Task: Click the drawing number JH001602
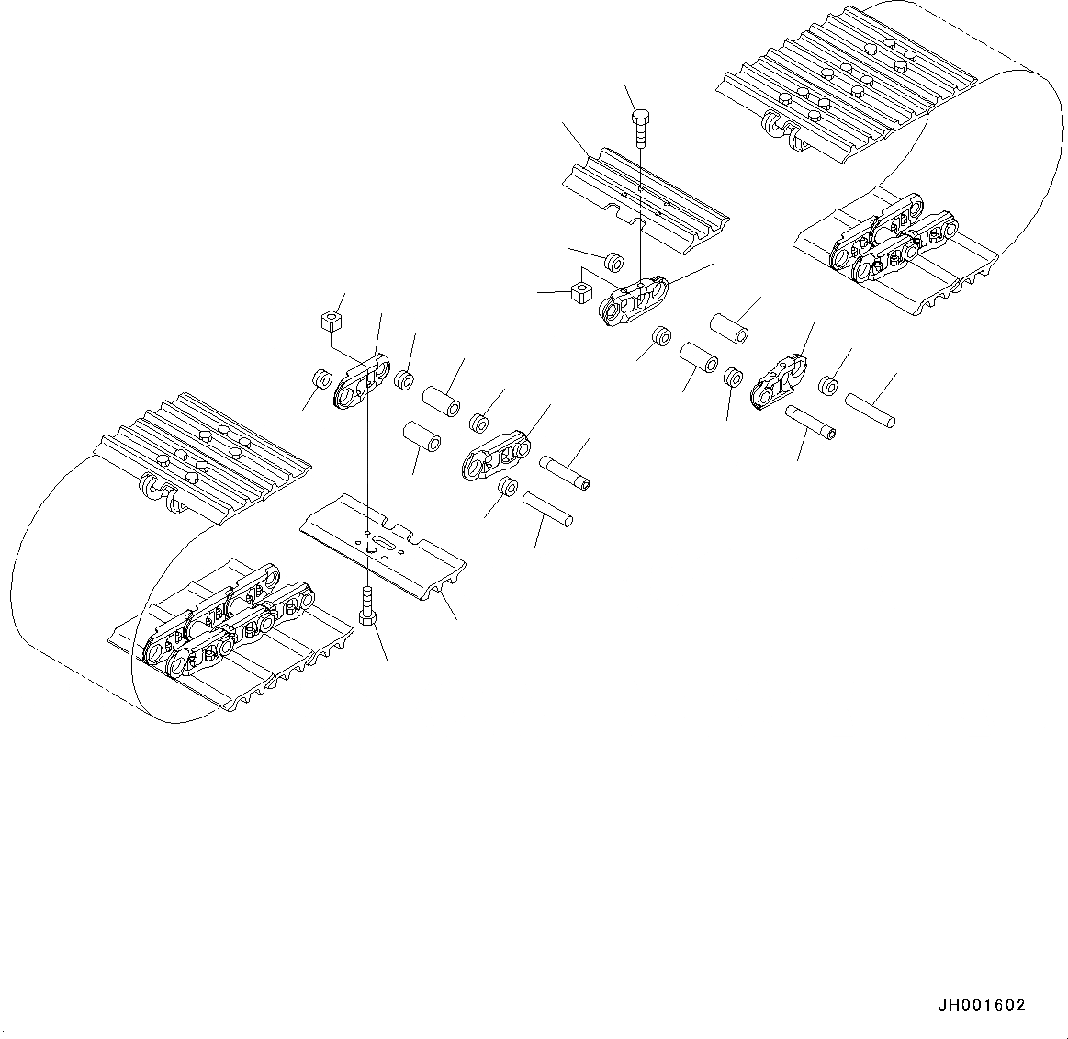click(x=982, y=1006)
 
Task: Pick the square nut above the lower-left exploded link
click(x=332, y=322)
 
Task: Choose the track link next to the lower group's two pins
click(x=496, y=454)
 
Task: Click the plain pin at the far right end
click(x=871, y=409)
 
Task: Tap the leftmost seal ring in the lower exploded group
click(x=321, y=378)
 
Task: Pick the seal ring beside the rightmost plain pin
click(x=828, y=386)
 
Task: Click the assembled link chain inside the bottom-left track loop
click(x=230, y=627)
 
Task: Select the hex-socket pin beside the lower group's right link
click(x=565, y=472)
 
